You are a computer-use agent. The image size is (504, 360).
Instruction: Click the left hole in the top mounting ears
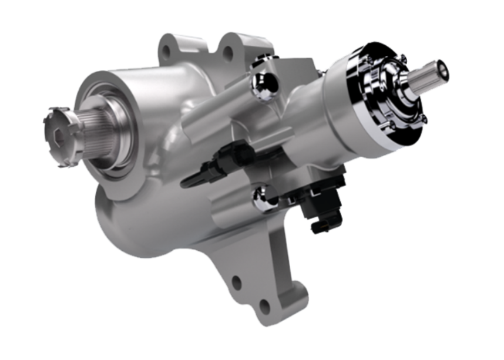tap(168, 52)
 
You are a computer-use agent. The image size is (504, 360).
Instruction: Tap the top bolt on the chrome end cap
tap(402, 58)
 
